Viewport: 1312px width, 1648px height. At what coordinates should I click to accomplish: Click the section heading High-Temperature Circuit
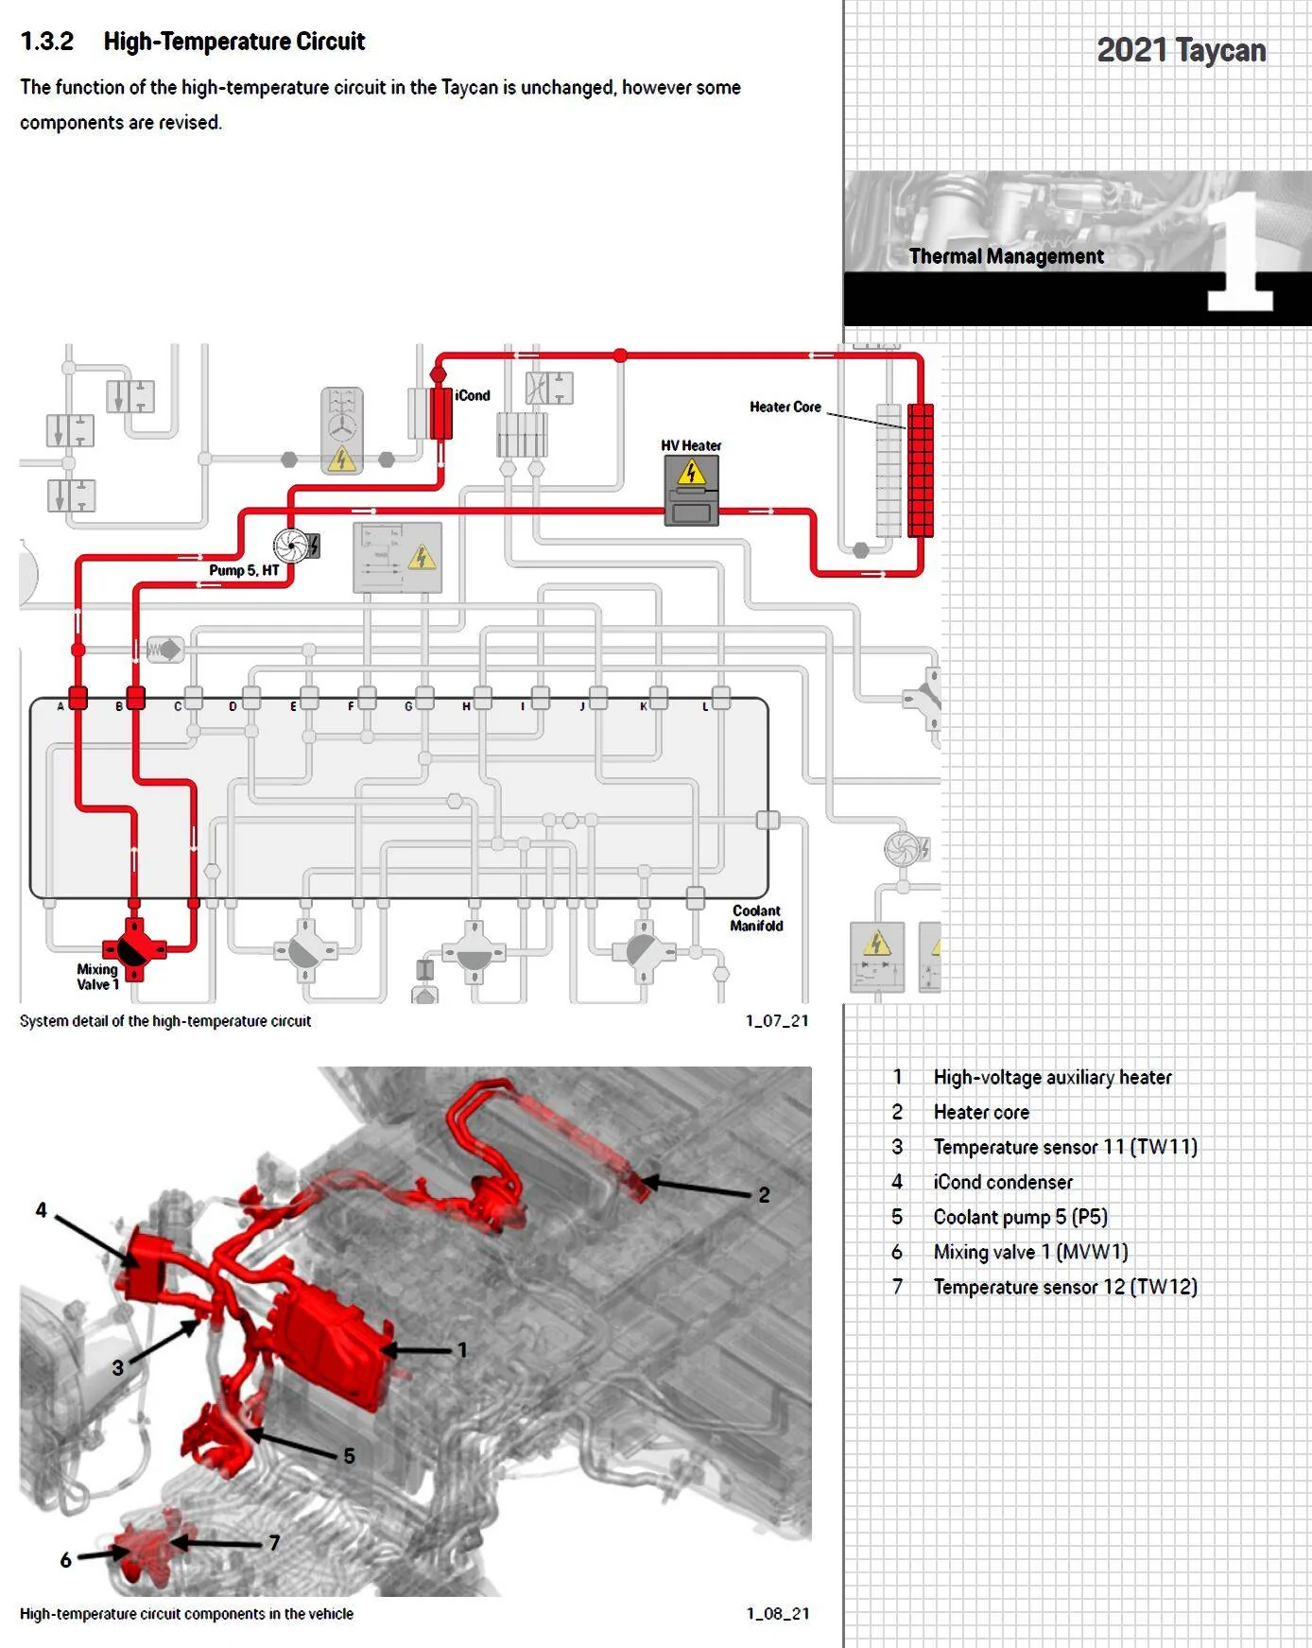pos(234,42)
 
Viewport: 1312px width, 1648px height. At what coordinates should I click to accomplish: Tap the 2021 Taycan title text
pos(1182,50)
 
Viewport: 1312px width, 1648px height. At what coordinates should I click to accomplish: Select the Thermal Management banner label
pos(1006,256)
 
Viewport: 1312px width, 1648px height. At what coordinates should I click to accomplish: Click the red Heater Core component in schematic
pos(920,470)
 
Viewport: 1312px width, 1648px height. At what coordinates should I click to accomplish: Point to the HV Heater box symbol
pos(691,491)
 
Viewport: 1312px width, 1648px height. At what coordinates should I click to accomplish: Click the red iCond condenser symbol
pos(440,412)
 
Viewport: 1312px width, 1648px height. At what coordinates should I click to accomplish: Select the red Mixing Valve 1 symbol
pos(134,948)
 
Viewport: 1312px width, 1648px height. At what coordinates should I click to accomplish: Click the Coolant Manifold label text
pos(756,918)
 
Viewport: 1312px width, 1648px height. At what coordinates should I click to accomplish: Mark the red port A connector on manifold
pos(78,699)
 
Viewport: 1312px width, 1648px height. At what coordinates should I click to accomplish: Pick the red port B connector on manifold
pos(135,699)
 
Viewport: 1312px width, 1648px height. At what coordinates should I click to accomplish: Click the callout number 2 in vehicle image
pos(764,1195)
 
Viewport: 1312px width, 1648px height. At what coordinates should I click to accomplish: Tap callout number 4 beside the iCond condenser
pos(42,1210)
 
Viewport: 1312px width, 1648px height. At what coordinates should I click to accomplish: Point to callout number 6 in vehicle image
pos(65,1560)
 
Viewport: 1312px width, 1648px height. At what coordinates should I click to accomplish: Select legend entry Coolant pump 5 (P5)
pos(1021,1217)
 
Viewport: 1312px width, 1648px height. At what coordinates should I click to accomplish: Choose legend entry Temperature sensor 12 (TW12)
pos(1065,1287)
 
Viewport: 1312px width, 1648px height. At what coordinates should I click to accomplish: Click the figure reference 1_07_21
pos(777,1020)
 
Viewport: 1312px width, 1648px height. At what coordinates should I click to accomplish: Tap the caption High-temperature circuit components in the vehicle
pos(186,1614)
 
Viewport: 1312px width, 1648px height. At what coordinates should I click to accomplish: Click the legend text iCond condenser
pos(1003,1182)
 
